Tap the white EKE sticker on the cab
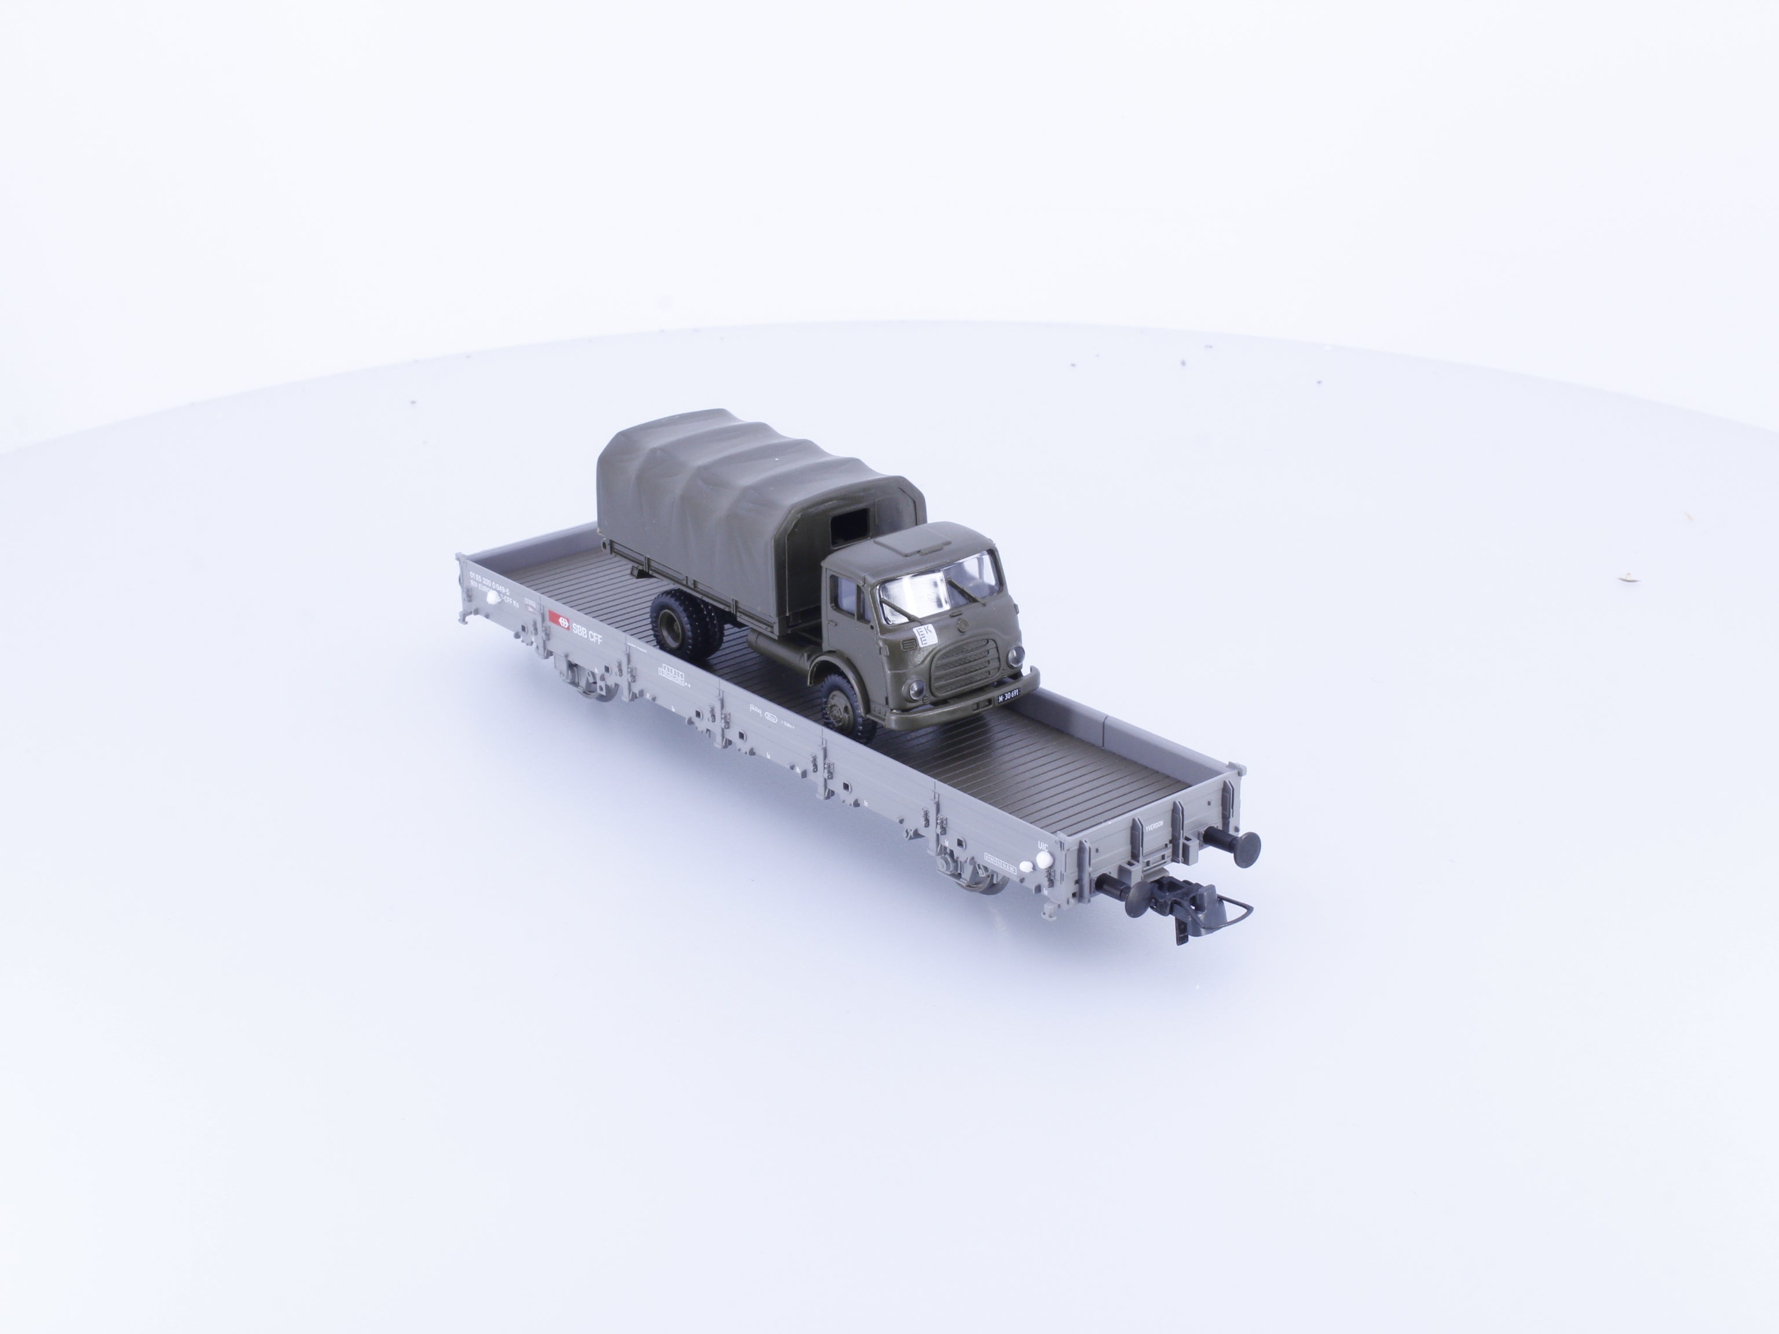pos(924,637)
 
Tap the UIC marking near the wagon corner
pos(1043,845)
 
